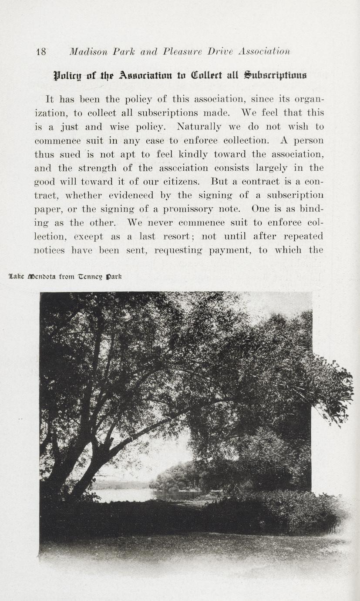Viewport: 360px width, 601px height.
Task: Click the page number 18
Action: pyautogui.click(x=41, y=52)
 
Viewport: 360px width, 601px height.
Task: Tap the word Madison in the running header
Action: pyautogui.click(x=87, y=52)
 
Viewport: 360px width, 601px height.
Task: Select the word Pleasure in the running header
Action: pyautogui.click(x=183, y=52)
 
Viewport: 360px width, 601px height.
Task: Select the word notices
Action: pyautogui.click(x=50, y=250)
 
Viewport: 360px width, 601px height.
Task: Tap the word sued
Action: pyautogui.click(x=71, y=154)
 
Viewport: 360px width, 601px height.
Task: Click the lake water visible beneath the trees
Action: pyautogui.click(x=126, y=495)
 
